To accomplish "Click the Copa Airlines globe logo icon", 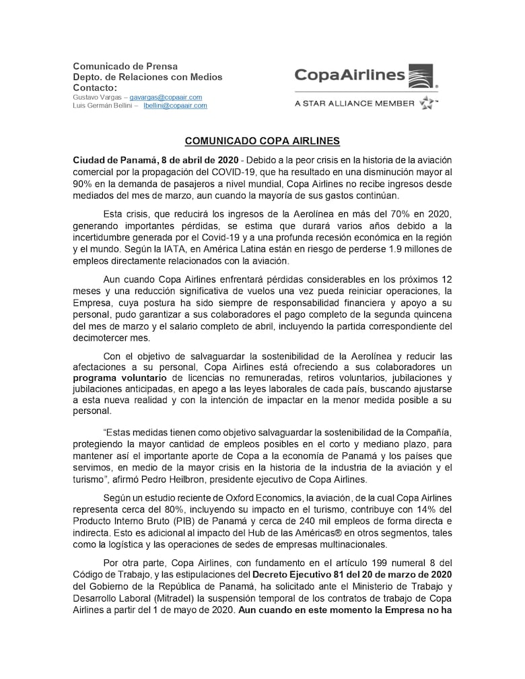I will (x=421, y=76).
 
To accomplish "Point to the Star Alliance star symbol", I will (x=427, y=103).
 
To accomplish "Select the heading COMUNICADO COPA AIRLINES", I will (x=262, y=141).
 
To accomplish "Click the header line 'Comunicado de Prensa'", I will (x=125, y=66).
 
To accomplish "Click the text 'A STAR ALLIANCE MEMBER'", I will (x=354, y=104).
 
